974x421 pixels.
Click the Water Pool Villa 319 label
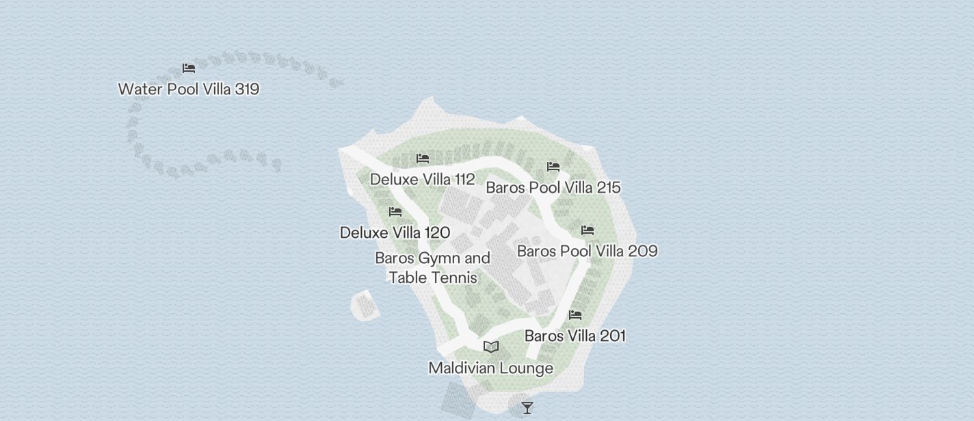[188, 89]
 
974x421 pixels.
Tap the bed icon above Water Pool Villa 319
[189, 68]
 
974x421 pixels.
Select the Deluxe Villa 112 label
[422, 179]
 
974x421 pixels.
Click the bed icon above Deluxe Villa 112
[423, 159]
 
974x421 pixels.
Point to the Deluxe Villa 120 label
[395, 232]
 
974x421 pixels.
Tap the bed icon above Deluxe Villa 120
[395, 212]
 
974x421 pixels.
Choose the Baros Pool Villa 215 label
[553, 187]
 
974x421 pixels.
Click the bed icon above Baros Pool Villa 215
[553, 167]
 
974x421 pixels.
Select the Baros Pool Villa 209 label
[587, 251]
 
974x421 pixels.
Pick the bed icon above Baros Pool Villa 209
[588, 230]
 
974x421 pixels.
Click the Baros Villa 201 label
[575, 336]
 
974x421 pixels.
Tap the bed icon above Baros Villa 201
[575, 315]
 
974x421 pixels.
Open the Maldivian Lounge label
[490, 368]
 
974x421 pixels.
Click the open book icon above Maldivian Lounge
[491, 347]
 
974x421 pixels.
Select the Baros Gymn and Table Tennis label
[432, 267]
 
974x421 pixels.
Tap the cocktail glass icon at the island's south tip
[527, 408]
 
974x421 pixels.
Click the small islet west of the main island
[365, 305]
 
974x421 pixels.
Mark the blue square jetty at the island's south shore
[458, 400]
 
